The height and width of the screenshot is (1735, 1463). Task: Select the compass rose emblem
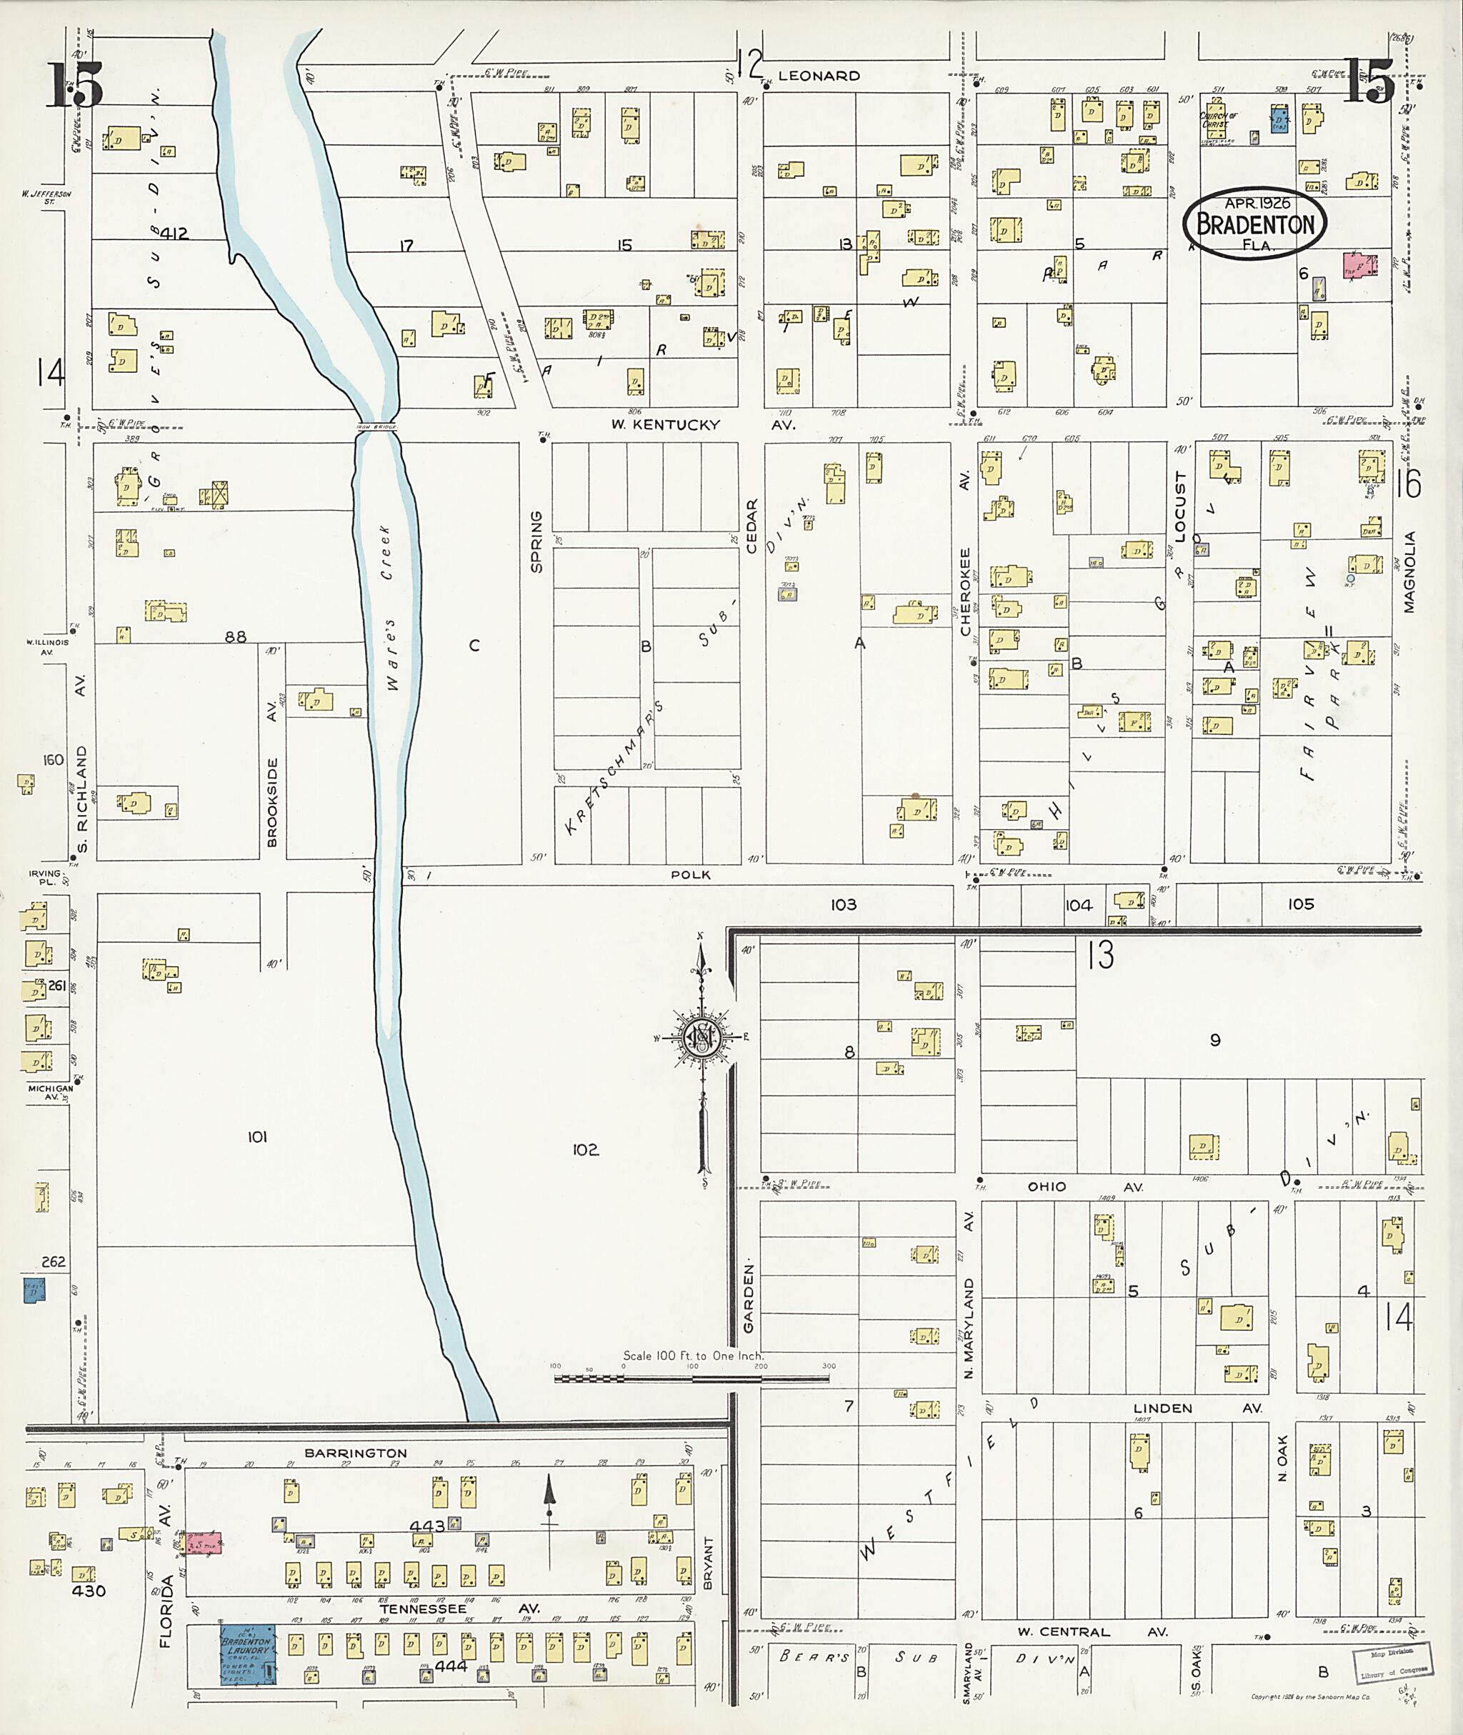pos(700,1036)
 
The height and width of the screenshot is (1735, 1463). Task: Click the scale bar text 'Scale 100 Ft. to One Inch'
pos(694,1356)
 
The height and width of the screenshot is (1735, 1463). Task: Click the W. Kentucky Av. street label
pos(701,424)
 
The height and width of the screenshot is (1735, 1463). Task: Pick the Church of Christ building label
pos(1219,119)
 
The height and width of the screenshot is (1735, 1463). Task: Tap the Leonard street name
pos(819,76)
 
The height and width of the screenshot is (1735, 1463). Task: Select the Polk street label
pos(690,874)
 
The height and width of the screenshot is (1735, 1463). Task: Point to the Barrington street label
pos(355,1453)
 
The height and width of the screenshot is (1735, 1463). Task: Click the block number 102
pos(585,1149)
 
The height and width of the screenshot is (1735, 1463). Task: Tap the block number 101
pos(257,1137)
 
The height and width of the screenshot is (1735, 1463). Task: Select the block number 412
pos(176,234)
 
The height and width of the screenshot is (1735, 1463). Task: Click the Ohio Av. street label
pos(1079,1187)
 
